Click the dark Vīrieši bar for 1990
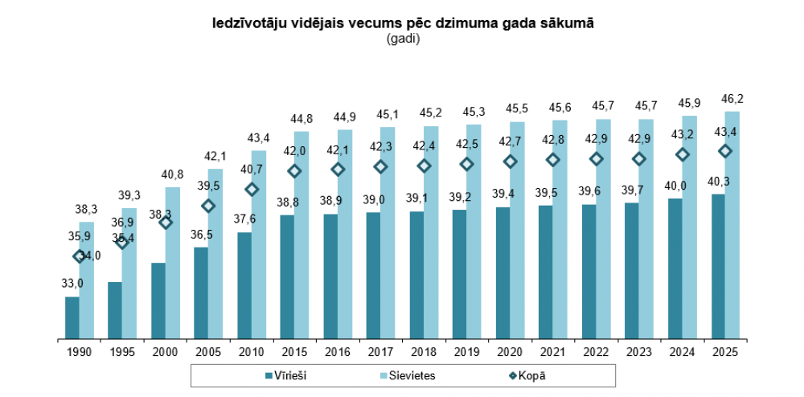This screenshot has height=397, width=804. coord(72,317)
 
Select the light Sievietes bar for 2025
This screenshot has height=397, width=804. coord(732,225)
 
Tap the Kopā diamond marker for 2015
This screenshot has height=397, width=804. coord(294,171)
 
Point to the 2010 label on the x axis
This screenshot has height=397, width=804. coord(252,352)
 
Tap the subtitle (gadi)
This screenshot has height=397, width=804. coord(403,38)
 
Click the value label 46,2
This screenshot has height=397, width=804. coord(732,99)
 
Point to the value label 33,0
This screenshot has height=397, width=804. coord(72,284)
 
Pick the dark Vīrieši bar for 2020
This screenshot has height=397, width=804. coord(503,272)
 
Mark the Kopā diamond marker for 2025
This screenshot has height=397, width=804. coord(725,151)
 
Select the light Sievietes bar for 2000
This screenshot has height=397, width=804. coord(173,263)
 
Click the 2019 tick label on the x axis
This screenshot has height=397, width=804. coord(466,352)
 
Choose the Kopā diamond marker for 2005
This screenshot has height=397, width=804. coord(208,206)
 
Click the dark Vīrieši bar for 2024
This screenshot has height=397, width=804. coord(675,268)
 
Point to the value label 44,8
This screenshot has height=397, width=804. coord(301,119)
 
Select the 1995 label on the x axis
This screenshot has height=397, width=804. coord(122,352)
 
